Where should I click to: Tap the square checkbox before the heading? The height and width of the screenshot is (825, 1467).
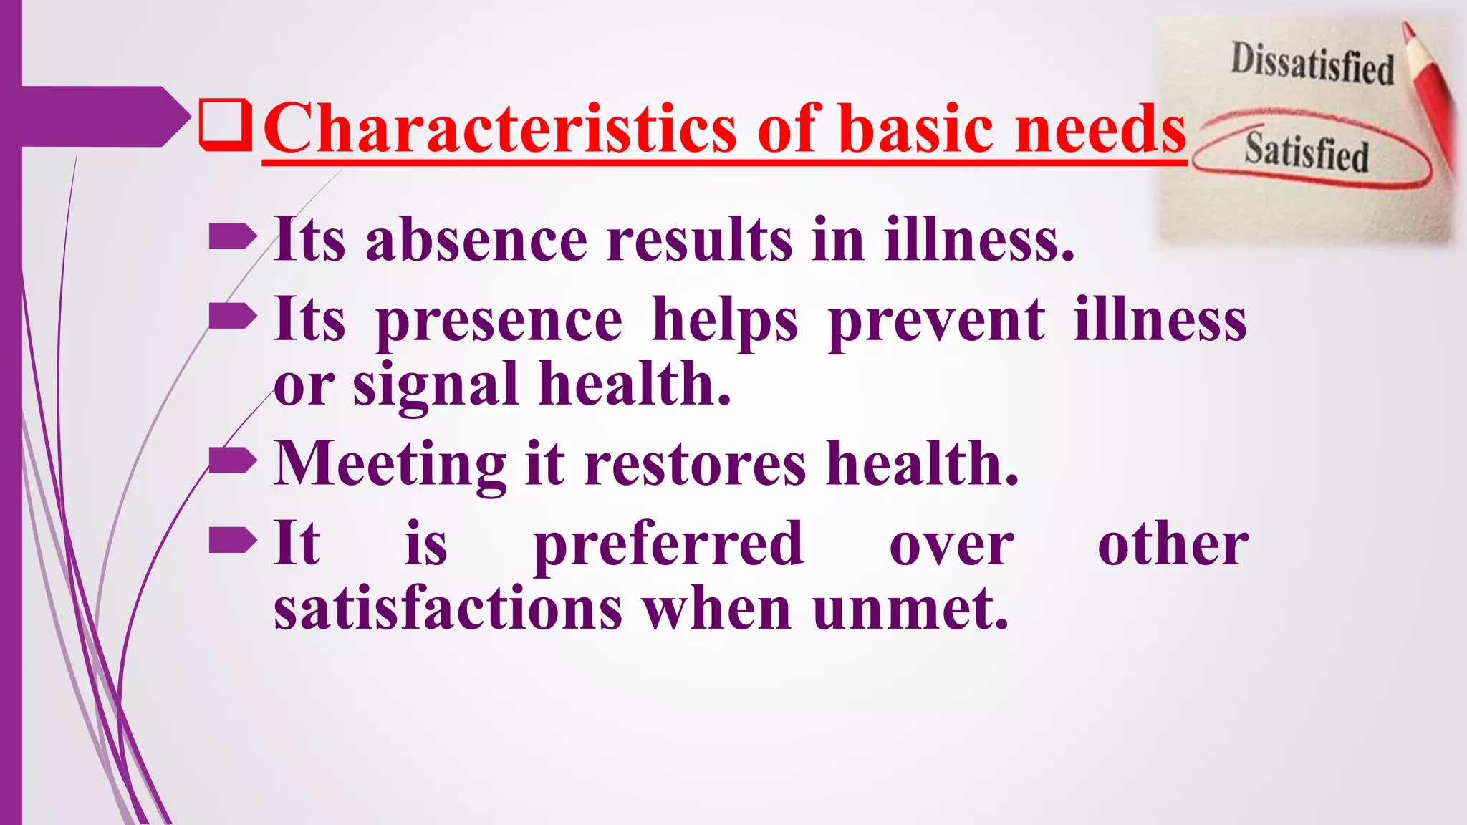coord(226,125)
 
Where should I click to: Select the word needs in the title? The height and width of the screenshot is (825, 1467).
coord(1101,129)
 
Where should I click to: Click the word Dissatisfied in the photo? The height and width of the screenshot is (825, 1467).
coord(1312,64)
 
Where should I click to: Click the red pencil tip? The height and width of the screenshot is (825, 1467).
coord(1408,32)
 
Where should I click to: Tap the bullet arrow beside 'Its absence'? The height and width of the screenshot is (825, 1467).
coord(232,236)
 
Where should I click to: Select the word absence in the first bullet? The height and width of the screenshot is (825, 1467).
coord(476,240)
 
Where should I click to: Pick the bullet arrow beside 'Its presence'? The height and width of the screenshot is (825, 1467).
coord(232,316)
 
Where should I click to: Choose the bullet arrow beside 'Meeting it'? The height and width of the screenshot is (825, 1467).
coord(232,460)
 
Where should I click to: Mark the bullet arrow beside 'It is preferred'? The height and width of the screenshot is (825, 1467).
coord(232,541)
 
